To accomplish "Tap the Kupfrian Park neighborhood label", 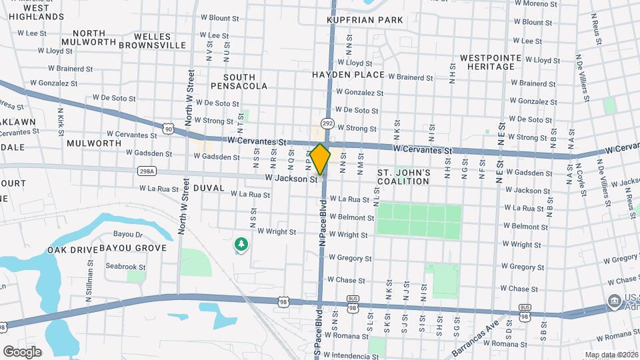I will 365,20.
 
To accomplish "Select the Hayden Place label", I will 348,75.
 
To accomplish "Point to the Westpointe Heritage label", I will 490,63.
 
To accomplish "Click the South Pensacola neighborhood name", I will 240,81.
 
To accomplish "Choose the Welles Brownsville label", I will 160,41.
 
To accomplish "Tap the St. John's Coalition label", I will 404,177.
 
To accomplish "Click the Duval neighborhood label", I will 209,188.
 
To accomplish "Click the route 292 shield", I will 327,123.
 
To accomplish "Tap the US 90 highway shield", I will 168,128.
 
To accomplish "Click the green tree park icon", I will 240,245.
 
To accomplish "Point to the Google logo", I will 22,351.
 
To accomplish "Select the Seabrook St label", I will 125,267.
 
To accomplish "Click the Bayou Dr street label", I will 129,235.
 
